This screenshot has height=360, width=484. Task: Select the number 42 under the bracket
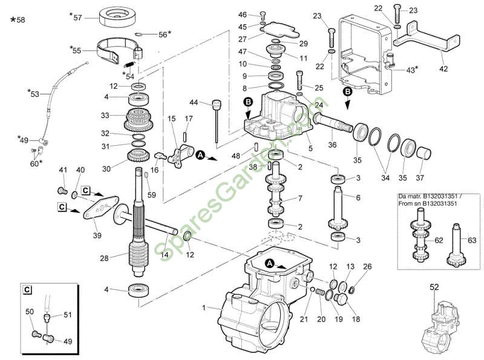[443, 69]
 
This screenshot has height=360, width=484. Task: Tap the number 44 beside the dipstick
[194, 102]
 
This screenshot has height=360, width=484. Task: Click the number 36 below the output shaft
[332, 144]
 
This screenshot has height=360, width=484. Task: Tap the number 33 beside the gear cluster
[105, 115]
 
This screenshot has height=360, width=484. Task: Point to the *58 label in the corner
[18, 20]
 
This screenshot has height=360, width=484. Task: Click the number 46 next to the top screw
[243, 15]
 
